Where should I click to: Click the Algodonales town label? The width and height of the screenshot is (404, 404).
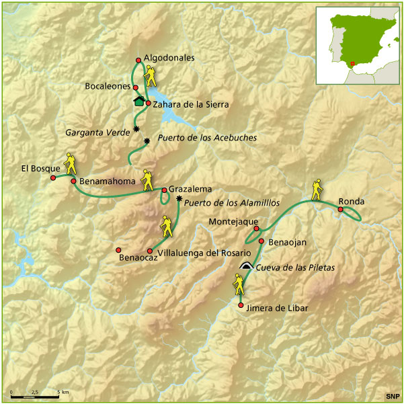(169, 58)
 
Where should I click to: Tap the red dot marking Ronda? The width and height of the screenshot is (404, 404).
(341, 210)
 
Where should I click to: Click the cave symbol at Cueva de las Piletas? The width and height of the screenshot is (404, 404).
(247, 266)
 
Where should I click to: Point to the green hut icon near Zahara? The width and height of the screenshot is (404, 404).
(139, 102)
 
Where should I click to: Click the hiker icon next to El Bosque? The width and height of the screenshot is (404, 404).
(70, 165)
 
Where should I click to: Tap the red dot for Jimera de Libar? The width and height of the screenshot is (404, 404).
(241, 305)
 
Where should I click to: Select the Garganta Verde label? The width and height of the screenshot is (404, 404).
(98, 132)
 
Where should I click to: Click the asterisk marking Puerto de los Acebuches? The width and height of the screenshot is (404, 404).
(147, 140)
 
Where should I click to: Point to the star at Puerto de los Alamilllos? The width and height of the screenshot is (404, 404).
(179, 199)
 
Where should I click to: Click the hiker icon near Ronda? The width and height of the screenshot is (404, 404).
(316, 190)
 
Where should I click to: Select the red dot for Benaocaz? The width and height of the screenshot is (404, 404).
(118, 249)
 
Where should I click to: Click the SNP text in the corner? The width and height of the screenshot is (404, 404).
(391, 395)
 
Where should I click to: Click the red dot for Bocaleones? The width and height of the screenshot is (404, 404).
(136, 87)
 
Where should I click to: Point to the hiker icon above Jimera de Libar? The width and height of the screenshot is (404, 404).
(239, 285)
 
